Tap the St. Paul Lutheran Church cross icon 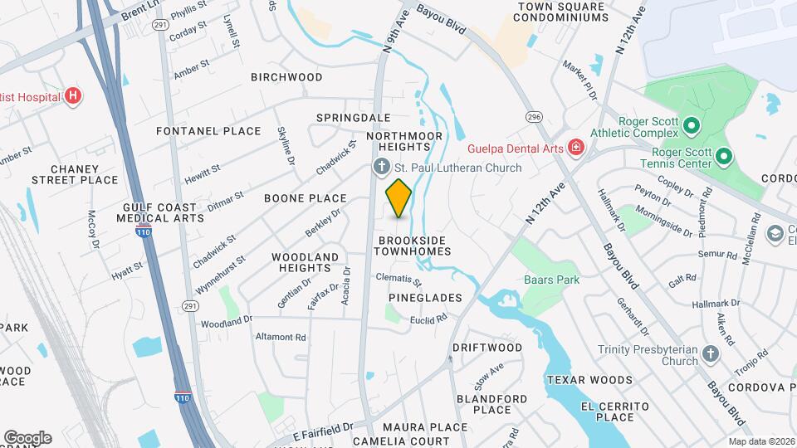(x=381, y=168)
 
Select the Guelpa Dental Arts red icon (x=575, y=148)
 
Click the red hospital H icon (x=74, y=96)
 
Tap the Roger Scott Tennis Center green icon (x=723, y=156)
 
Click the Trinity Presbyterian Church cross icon (x=710, y=354)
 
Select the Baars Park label (x=552, y=280)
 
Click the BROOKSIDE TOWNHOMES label (x=412, y=246)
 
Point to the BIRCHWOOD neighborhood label (x=286, y=77)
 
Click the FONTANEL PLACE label (x=208, y=131)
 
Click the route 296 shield (x=533, y=117)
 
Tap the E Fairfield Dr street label (x=324, y=432)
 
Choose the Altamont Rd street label (x=281, y=338)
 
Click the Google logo (x=27, y=437)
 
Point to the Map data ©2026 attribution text (x=760, y=441)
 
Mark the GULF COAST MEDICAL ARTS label (x=163, y=212)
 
